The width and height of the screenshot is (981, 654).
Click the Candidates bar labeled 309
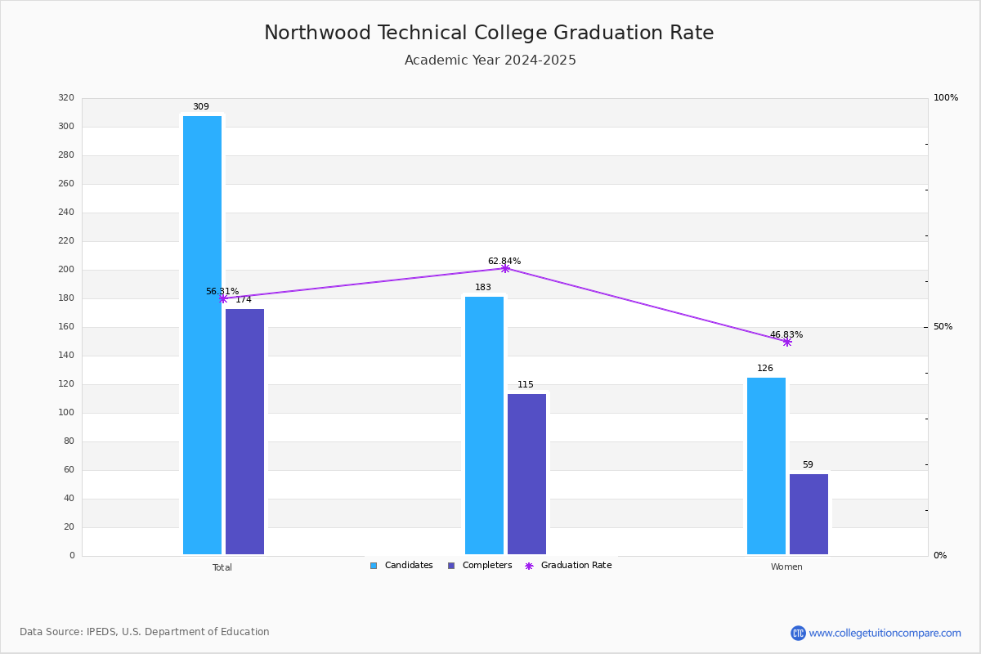click(203, 335)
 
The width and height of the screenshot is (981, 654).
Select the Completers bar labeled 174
click(244, 432)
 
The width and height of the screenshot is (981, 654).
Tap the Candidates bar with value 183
click(484, 425)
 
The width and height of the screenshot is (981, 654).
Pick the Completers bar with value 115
click(526, 474)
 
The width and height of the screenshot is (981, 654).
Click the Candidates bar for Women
click(767, 466)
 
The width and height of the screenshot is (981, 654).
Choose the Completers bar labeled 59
click(809, 514)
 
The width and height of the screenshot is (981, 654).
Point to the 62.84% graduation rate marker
click(505, 268)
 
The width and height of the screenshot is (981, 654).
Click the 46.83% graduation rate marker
click(787, 342)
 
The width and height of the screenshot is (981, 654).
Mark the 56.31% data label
click(222, 291)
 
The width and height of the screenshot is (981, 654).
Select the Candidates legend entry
click(401, 566)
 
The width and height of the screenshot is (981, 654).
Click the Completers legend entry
click(480, 566)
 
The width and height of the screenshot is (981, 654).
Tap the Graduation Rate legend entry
click(568, 566)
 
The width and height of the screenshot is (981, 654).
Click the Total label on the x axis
click(222, 567)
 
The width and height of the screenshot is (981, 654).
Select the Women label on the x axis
click(786, 567)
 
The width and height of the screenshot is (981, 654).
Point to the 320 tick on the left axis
click(66, 97)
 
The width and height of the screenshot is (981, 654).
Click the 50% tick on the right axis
click(943, 327)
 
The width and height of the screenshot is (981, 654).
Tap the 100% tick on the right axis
click(946, 97)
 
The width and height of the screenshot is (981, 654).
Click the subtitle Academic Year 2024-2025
click(490, 60)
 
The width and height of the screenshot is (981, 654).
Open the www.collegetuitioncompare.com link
click(885, 633)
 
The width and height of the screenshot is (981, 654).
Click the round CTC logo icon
click(799, 633)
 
